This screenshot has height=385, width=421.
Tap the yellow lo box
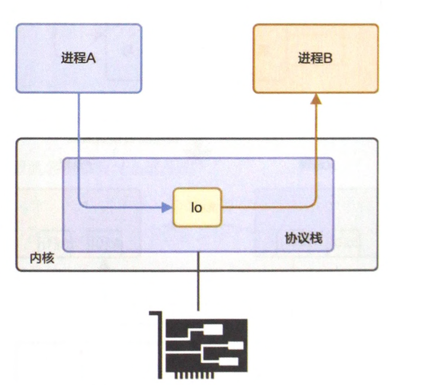tap(197, 208)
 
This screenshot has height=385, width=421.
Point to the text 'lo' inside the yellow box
tap(197, 208)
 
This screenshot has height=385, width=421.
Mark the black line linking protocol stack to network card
tap(198, 281)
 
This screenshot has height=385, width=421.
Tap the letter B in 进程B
tap(329, 58)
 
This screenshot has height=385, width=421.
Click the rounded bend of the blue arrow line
tap(82, 205)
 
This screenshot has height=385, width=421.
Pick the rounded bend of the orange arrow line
tap(313, 205)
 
